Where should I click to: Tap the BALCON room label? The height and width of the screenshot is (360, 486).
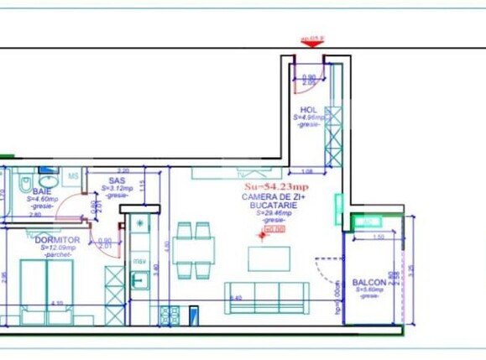point(369,283)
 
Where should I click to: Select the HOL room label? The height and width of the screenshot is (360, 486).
point(308,111)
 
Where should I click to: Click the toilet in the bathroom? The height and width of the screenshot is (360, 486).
point(24,182)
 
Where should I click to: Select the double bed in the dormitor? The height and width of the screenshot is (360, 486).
point(46,285)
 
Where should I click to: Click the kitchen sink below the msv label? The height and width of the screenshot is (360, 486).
point(141,279)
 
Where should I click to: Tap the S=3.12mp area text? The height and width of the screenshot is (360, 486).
point(117,189)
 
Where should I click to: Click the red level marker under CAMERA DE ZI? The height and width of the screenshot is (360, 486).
point(272,227)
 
